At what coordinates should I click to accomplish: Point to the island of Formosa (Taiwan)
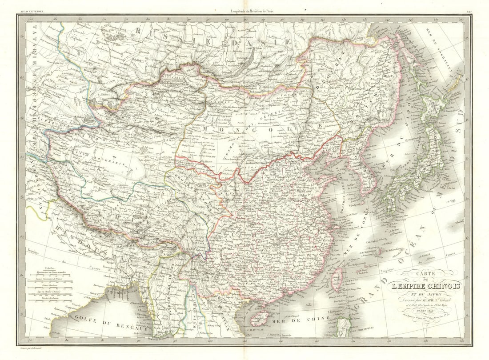point(337,278)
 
